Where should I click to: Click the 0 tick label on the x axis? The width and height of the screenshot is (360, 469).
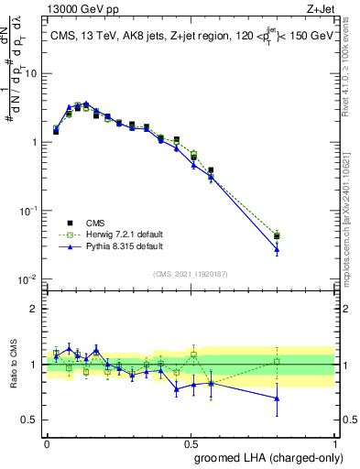pyautogui.click(x=47, y=442)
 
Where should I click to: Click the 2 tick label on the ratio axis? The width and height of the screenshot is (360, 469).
pyautogui.click(x=34, y=309)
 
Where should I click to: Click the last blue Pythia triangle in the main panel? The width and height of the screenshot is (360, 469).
pyautogui.click(x=277, y=249)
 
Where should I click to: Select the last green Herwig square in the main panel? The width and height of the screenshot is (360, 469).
pyautogui.click(x=277, y=235)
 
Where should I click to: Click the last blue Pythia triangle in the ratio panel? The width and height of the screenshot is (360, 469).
pyautogui.click(x=277, y=398)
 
